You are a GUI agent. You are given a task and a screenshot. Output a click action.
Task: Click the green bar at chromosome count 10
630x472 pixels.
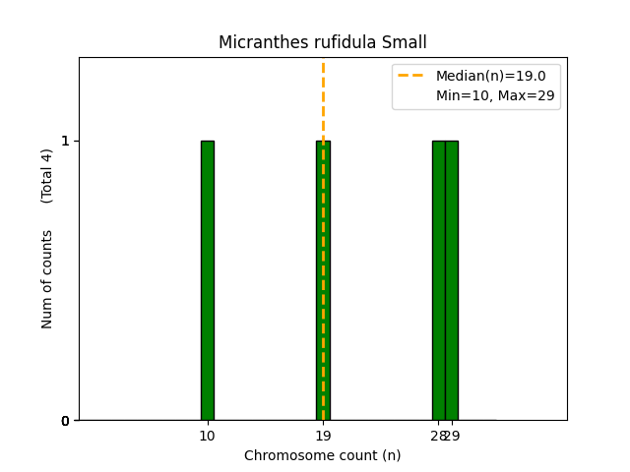click(x=207, y=280)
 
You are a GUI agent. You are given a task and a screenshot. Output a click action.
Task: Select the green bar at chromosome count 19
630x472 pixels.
click(x=323, y=280)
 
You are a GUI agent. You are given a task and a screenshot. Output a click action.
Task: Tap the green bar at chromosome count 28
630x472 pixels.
click(x=438, y=280)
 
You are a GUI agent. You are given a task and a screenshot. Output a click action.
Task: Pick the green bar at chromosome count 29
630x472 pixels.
click(x=452, y=280)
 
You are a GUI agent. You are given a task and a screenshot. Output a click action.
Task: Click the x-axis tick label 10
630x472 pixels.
click(x=207, y=436)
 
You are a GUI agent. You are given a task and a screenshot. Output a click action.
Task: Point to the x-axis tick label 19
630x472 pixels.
click(x=323, y=436)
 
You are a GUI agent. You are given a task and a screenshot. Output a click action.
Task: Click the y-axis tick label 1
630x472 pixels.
click(x=65, y=141)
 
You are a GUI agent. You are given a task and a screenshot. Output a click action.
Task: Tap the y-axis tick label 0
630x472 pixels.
click(x=65, y=421)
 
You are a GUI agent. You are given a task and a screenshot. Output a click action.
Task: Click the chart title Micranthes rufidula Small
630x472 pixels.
click(x=323, y=42)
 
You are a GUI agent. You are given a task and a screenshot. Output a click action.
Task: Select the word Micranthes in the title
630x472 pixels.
click(x=257, y=42)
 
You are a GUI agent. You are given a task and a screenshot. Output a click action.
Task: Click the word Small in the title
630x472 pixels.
click(x=407, y=42)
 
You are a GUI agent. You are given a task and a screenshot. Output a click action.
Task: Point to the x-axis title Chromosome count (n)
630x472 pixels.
click(x=323, y=455)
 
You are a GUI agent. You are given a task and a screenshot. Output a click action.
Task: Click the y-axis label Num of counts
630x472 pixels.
click(x=47, y=279)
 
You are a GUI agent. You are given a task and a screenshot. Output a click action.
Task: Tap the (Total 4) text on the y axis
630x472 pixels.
click(x=47, y=176)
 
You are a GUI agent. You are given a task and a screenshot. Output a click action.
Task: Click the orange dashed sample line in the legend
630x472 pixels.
click(x=411, y=76)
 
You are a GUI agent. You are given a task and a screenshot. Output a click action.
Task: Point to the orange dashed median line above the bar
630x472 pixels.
click(x=323, y=98)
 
